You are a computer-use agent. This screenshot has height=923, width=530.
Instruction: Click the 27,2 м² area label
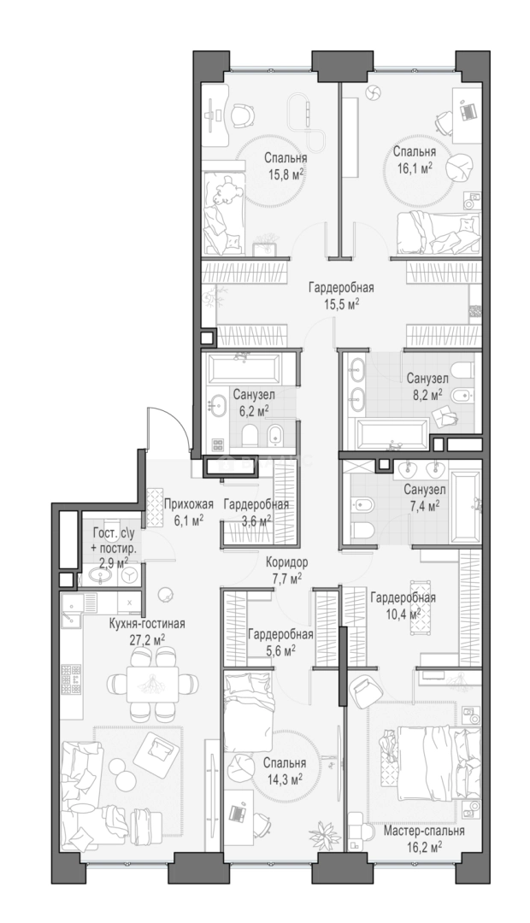(x=147, y=638)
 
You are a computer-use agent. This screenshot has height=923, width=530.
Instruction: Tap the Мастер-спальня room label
(x=424, y=832)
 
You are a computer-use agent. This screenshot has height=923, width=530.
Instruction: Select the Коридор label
(x=286, y=561)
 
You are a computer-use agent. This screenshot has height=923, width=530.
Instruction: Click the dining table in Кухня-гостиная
(x=152, y=684)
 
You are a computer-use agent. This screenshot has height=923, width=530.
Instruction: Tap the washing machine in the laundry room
(x=130, y=574)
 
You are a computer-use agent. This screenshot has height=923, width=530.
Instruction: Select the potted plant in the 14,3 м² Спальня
(x=322, y=832)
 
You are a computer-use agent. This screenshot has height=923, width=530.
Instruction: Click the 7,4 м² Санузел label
(x=425, y=497)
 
